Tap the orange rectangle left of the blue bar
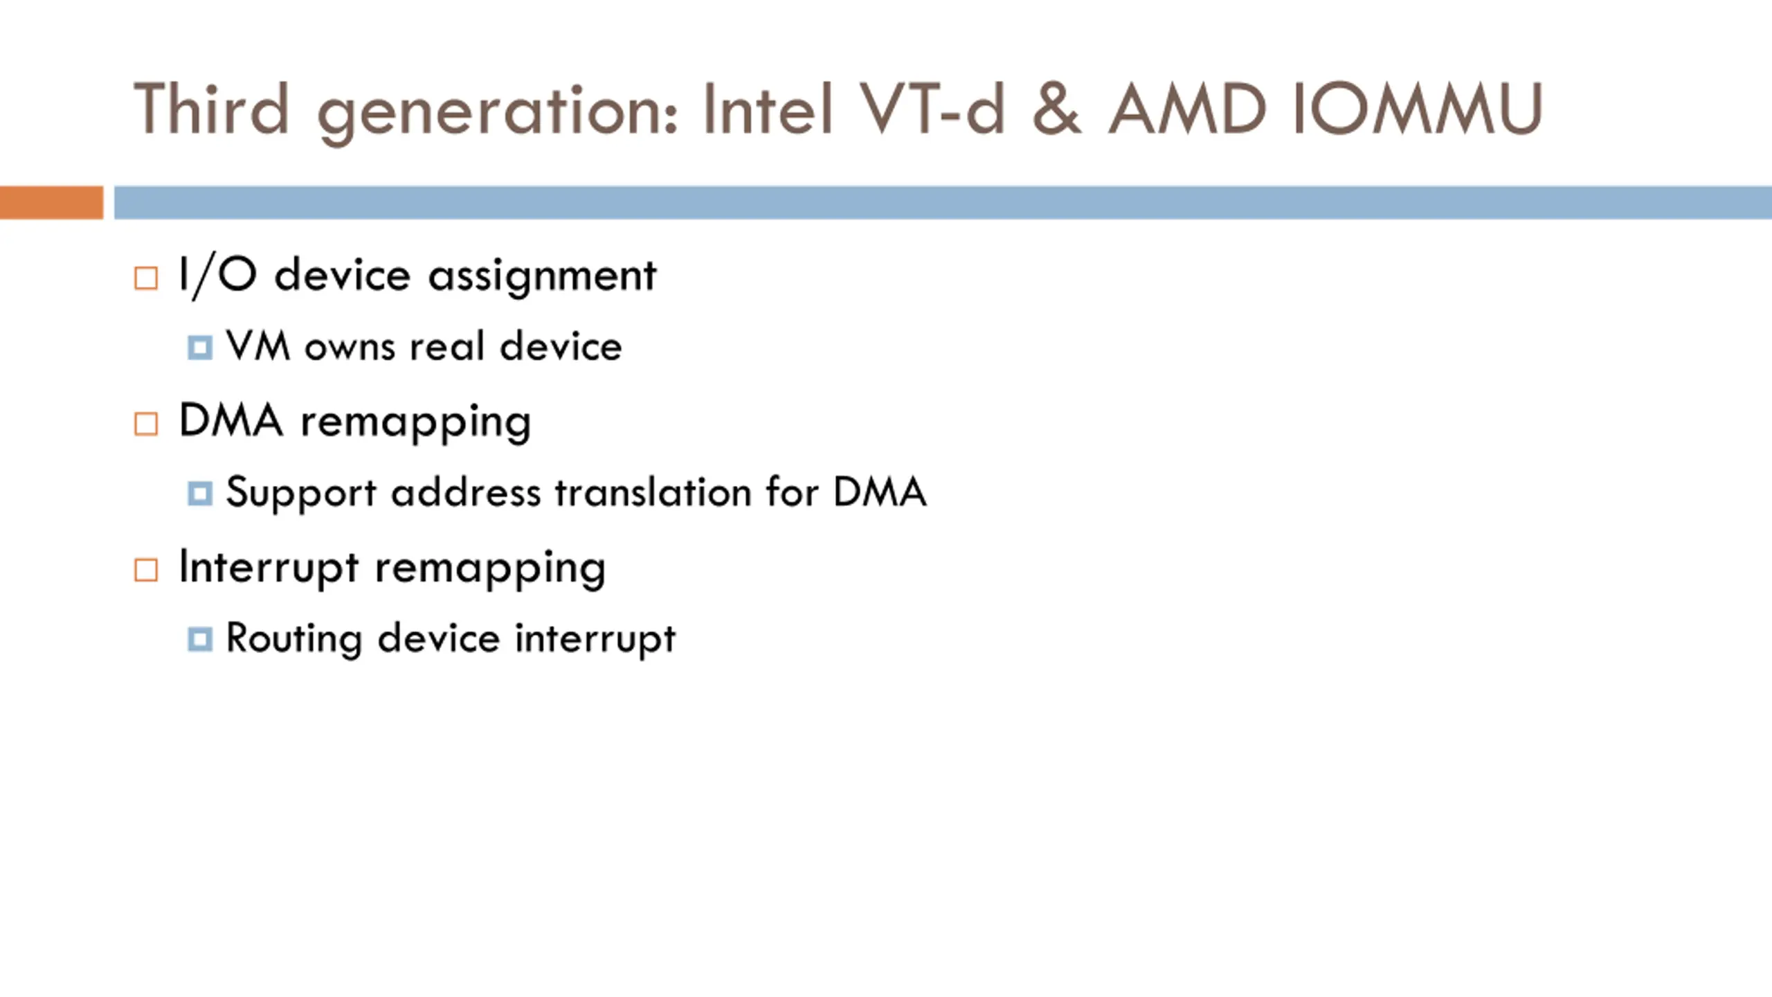click(51, 202)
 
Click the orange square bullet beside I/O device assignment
click(146, 278)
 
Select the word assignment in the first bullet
click(542, 277)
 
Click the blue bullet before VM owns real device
click(200, 348)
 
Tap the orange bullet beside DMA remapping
click(146, 424)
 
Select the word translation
click(653, 492)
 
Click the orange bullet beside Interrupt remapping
click(146, 570)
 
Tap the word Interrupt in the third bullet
click(269, 568)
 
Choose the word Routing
click(294, 639)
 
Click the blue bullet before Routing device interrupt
click(200, 639)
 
